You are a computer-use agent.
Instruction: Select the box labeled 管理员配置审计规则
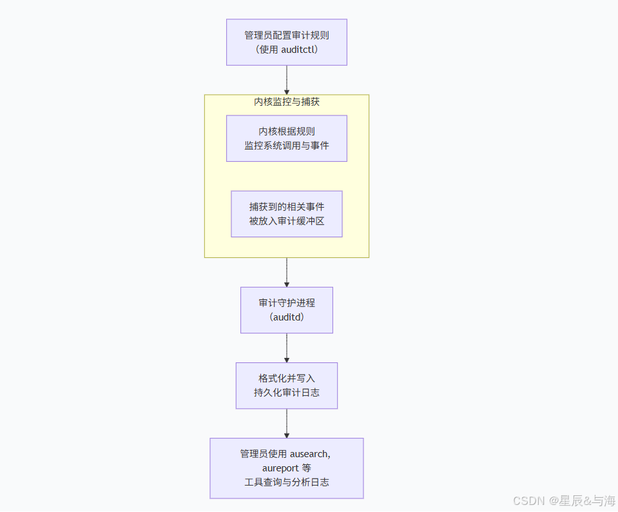pos(286,42)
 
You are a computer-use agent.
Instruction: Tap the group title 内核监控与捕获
pos(286,102)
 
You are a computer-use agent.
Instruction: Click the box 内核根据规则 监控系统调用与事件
pos(286,138)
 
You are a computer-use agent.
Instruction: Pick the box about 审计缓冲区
pos(286,213)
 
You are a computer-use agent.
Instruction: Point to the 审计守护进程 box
pos(286,310)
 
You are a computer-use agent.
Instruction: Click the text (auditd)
pos(286,317)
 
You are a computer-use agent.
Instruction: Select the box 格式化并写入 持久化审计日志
pos(286,385)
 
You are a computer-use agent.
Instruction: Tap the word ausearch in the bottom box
pos(309,454)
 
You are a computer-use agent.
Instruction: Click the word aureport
pos(280,468)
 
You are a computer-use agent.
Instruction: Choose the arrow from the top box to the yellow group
pos(286,80)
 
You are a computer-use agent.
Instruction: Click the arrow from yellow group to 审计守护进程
pos(286,272)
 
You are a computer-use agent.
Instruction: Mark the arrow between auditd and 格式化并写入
pos(286,348)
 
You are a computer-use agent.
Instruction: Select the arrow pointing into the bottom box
pos(286,423)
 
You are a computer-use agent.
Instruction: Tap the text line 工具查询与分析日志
pos(286,482)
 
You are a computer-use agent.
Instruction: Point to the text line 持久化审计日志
pos(286,392)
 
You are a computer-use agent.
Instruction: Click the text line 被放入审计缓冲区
pos(286,221)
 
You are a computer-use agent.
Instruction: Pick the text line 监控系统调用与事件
pos(286,145)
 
